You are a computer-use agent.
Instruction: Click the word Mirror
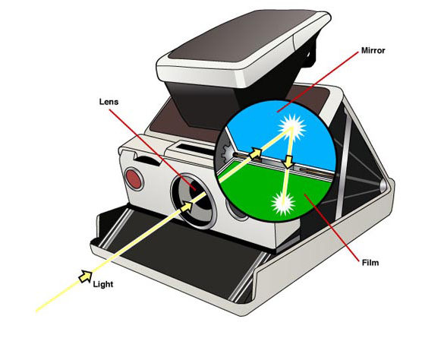click(373, 51)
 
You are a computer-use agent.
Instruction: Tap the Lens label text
click(109, 102)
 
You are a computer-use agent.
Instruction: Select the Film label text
click(370, 263)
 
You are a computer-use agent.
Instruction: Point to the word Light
click(103, 284)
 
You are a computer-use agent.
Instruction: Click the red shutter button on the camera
click(134, 179)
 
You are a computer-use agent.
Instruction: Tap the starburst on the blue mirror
click(292, 128)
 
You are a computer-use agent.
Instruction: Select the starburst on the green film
click(283, 203)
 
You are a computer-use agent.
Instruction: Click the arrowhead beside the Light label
click(85, 276)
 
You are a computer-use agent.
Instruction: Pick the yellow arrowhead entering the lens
click(186, 206)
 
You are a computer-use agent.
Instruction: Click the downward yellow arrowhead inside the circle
click(288, 162)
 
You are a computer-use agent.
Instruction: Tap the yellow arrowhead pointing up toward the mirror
click(256, 153)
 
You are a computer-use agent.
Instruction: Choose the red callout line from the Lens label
click(153, 149)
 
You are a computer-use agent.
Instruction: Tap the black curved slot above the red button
click(148, 160)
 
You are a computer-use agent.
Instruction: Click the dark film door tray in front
click(181, 255)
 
